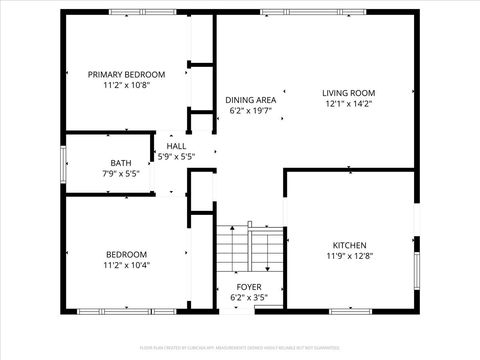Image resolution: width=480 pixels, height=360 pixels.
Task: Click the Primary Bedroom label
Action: tap(126, 74)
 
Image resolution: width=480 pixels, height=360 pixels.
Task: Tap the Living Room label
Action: tap(348, 92)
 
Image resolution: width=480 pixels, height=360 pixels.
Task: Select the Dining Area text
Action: tap(250, 100)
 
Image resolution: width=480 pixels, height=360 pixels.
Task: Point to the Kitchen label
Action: tap(349, 245)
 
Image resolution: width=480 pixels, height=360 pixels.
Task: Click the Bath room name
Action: tap(120, 163)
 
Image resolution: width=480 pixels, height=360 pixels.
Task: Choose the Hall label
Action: tap(176, 146)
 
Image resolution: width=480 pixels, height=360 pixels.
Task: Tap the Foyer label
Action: tap(249, 286)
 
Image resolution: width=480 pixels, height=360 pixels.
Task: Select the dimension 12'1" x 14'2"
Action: tap(348, 103)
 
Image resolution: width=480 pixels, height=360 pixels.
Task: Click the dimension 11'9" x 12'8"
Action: tap(349, 256)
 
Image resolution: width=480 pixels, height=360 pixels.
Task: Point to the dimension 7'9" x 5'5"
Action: tap(120, 174)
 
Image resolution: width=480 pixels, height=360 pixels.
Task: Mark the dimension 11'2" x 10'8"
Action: tap(126, 85)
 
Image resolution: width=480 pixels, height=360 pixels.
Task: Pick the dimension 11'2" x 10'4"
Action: tap(126, 265)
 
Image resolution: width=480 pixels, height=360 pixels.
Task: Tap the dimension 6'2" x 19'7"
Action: tap(250, 111)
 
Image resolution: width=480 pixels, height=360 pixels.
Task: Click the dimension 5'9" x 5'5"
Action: tap(176, 156)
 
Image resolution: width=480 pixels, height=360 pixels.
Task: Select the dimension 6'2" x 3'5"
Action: tap(249, 297)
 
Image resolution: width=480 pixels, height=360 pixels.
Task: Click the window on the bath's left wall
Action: tap(64, 165)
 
